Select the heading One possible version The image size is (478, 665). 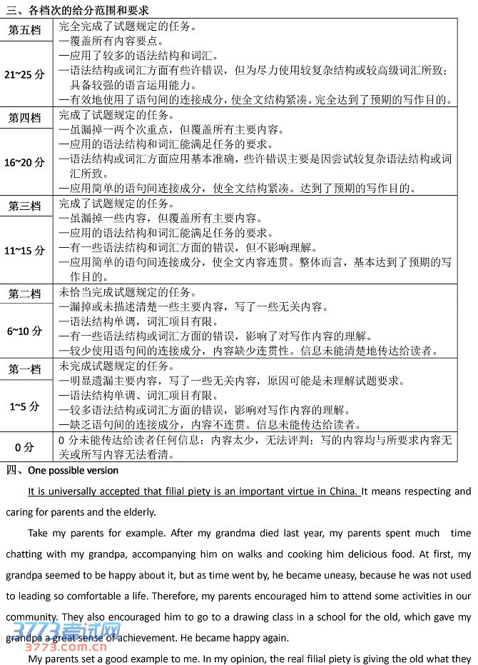tap(73, 471)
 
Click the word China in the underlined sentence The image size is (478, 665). tap(344, 491)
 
